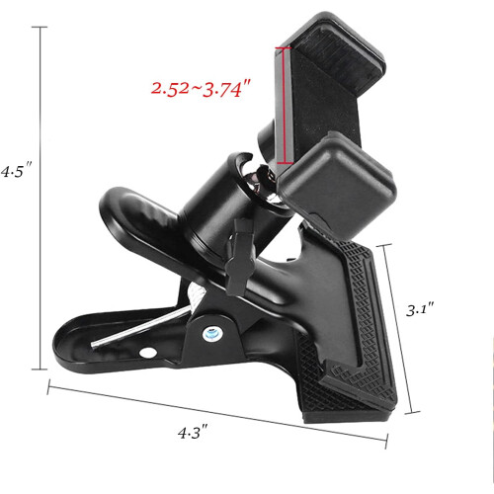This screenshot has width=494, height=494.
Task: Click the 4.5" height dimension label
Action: coord(16,171)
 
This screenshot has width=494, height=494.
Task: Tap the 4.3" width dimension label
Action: coord(193,432)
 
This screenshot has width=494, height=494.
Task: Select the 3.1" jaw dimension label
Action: coord(420,310)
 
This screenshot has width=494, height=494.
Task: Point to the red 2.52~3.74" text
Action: coord(202,89)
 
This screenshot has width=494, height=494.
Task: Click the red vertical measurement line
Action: coord(283,106)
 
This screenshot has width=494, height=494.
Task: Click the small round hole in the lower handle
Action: coord(148,353)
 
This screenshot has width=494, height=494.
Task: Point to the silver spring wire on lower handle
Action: coord(141,327)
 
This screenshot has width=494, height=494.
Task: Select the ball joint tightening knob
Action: coord(240,257)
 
